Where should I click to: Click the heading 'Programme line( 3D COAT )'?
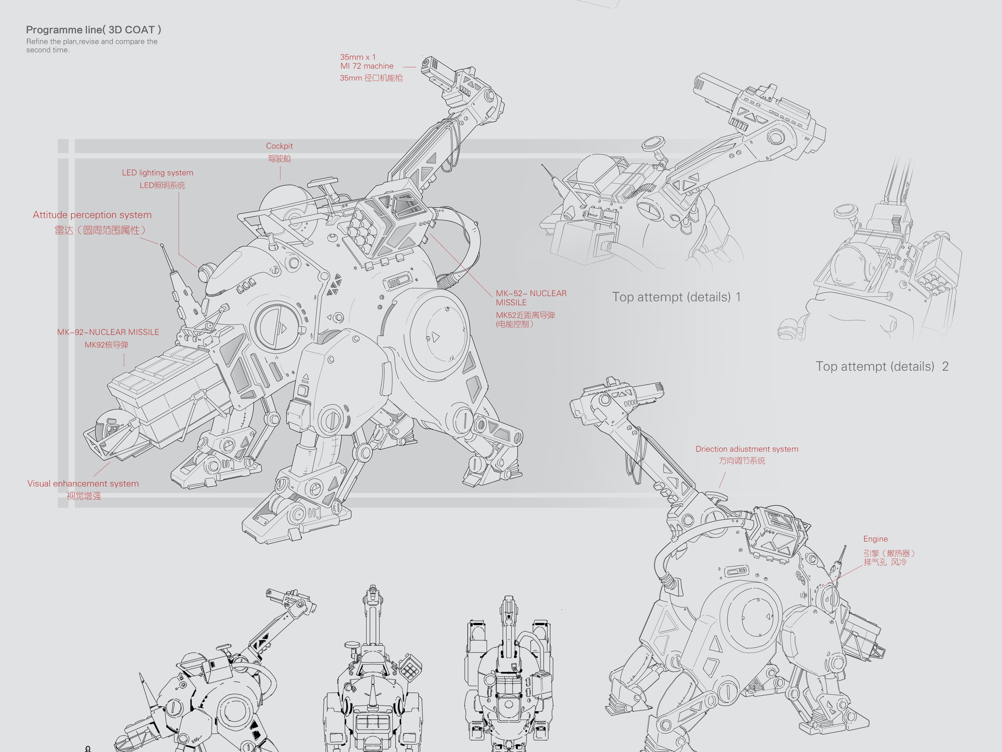(93, 30)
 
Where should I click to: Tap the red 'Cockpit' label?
(279, 146)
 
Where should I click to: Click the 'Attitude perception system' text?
(92, 215)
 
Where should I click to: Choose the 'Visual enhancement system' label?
(83, 484)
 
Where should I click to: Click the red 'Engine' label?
(875, 539)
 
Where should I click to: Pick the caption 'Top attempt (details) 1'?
(676, 297)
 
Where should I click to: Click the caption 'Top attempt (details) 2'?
(882, 367)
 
